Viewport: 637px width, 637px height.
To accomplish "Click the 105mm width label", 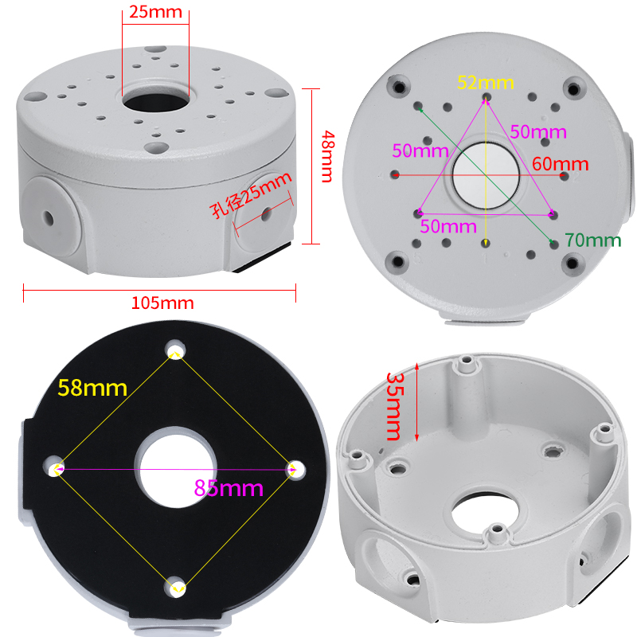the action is pyautogui.click(x=162, y=303).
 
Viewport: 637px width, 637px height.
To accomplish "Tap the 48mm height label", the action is pyautogui.click(x=328, y=156).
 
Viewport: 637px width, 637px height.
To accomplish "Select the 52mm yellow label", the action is pyautogui.click(x=486, y=83).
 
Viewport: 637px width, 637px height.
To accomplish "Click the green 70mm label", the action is pyautogui.click(x=592, y=240).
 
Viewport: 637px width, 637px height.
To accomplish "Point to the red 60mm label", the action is pyautogui.click(x=561, y=164).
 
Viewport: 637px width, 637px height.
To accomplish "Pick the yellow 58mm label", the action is pyautogui.click(x=92, y=388).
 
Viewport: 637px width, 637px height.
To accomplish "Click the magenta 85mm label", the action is pyautogui.click(x=229, y=487).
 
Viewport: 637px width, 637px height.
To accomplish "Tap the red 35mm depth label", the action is pyautogui.click(x=393, y=406).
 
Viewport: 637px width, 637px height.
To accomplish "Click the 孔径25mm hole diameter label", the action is pyautogui.click(x=251, y=194).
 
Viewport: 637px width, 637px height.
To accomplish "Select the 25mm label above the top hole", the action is pyautogui.click(x=155, y=12).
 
